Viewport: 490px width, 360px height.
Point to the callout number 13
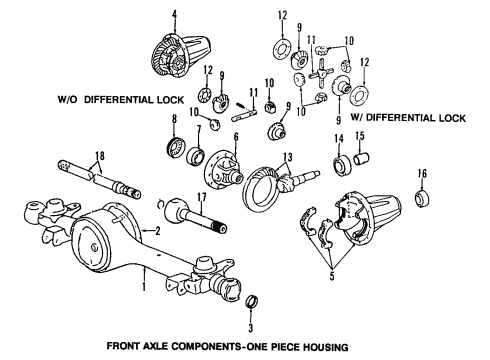pyautogui.click(x=286, y=157)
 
